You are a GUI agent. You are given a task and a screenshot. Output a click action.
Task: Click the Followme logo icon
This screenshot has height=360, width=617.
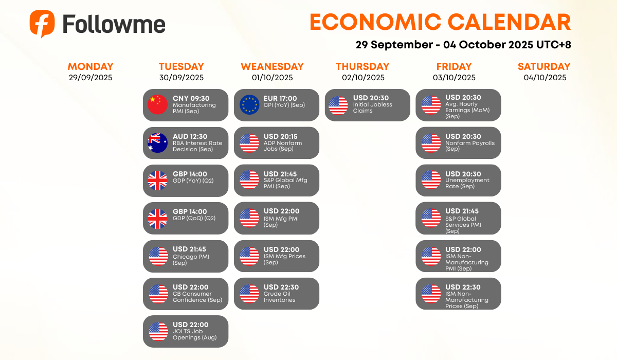click(x=42, y=24)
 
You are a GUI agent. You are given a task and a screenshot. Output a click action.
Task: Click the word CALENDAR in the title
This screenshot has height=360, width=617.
click(x=510, y=22)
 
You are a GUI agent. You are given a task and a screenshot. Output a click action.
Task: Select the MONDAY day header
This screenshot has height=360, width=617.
click(x=90, y=66)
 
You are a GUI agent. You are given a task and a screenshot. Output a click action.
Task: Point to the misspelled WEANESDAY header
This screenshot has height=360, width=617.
click(x=272, y=66)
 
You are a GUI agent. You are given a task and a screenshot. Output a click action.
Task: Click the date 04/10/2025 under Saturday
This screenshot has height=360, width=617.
click(x=545, y=77)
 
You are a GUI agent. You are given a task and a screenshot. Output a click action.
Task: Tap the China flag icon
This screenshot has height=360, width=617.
click(x=157, y=105)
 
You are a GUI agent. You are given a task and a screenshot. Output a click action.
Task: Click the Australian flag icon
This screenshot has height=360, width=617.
click(x=157, y=142)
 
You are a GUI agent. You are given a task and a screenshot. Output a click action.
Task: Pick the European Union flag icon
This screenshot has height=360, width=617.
click(x=249, y=105)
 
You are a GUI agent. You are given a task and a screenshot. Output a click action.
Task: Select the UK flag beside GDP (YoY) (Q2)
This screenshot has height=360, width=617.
click(x=157, y=181)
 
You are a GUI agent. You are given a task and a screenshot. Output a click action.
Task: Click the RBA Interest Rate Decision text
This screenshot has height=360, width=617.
click(x=197, y=146)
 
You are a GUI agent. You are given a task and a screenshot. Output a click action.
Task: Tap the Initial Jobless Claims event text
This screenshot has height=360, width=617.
click(x=372, y=107)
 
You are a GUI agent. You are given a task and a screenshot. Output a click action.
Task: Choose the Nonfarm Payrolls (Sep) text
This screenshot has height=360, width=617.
click(x=470, y=146)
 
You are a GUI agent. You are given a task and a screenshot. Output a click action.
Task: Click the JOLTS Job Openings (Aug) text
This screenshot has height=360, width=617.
click(x=194, y=334)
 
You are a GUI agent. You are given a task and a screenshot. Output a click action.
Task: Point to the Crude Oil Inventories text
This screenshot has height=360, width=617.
click(x=279, y=297)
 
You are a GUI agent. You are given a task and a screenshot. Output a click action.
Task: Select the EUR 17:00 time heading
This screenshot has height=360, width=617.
click(x=280, y=98)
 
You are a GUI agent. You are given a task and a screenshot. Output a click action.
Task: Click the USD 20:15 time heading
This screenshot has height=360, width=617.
click(x=280, y=136)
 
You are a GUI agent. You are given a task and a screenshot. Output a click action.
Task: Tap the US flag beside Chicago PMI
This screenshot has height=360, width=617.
click(x=158, y=256)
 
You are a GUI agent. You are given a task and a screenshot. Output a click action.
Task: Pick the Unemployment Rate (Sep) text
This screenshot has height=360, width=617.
click(x=467, y=183)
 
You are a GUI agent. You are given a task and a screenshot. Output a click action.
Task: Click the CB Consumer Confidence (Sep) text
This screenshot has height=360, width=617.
click(x=197, y=297)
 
